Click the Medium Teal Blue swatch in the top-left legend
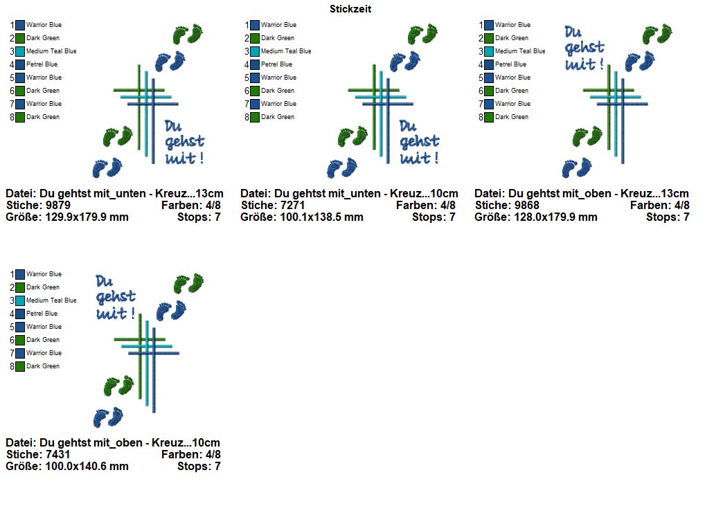tap(20, 51)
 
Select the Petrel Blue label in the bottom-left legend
tap(42, 314)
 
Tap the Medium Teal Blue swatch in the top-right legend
tap(489, 51)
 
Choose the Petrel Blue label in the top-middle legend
tap(276, 64)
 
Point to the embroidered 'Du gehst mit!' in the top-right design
tap(584, 48)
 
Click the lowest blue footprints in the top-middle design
tap(342, 168)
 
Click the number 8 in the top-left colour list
tap(12, 117)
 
